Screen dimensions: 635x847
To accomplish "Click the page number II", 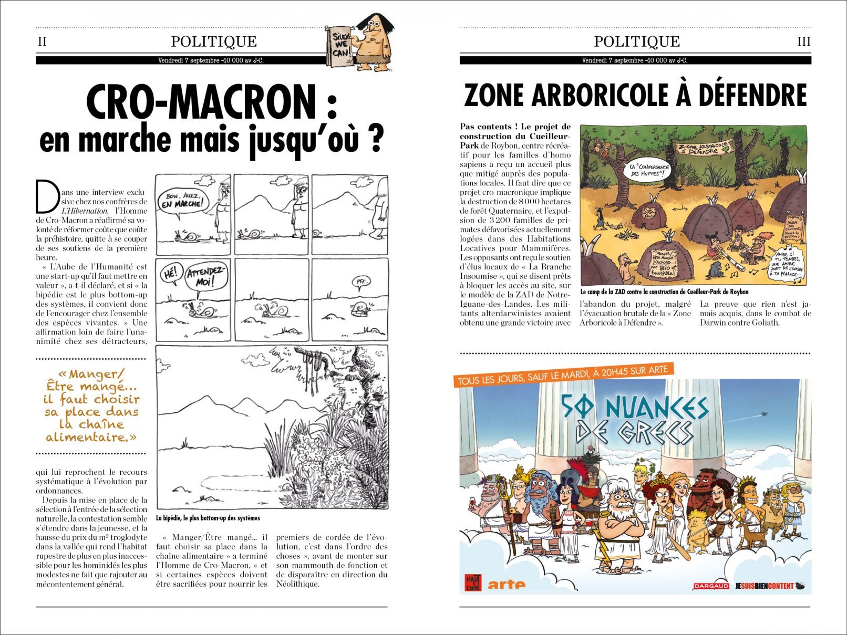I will click(x=42, y=41).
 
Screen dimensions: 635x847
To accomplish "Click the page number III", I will click(x=804, y=41).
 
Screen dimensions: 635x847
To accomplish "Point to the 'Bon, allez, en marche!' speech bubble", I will click(x=183, y=201).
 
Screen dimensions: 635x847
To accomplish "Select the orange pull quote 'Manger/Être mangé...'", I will click(x=91, y=405).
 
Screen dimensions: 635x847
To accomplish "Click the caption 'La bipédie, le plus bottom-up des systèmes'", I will click(x=208, y=518).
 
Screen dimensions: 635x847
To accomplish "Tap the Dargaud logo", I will click(x=711, y=586).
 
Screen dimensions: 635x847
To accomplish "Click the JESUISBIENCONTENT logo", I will click(x=765, y=586).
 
